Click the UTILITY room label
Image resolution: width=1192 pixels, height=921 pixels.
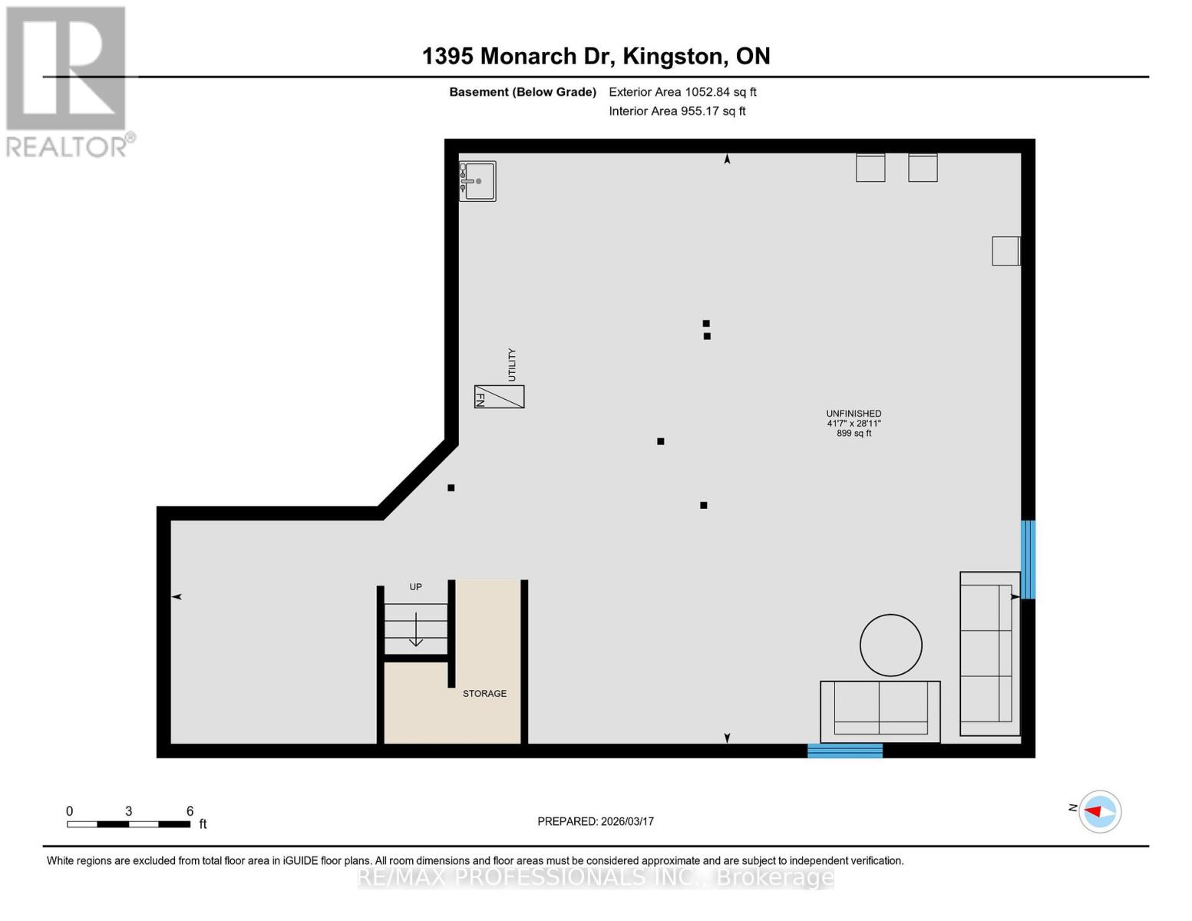coord(512,365)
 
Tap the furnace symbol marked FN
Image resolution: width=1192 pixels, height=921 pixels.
coord(499,397)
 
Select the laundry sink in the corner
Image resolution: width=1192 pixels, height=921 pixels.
coord(477,181)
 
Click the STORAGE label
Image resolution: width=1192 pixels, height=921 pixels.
coord(484,694)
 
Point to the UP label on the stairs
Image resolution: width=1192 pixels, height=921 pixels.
coord(415,587)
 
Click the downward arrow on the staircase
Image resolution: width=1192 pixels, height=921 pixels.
coord(415,630)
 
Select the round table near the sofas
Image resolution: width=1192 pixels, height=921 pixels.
coord(890,645)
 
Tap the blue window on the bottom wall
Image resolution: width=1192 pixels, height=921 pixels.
coord(844,751)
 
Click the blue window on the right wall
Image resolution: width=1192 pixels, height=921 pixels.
coord(1028,560)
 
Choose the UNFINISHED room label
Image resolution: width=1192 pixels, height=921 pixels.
coord(854,414)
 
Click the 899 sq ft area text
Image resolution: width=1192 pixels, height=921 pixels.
coord(854,434)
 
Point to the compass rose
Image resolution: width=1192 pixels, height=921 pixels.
coord(1100,811)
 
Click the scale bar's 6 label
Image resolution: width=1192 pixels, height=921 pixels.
coord(190,811)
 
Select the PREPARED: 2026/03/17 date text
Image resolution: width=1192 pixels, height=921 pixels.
coord(596,821)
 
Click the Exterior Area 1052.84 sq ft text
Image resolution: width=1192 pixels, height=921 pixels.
coord(682,92)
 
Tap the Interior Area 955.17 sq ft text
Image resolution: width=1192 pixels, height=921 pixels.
coord(677,111)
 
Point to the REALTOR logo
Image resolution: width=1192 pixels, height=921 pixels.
coord(68,81)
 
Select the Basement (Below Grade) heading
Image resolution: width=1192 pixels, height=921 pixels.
coord(523,92)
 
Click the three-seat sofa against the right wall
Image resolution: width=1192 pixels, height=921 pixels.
coord(989,654)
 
